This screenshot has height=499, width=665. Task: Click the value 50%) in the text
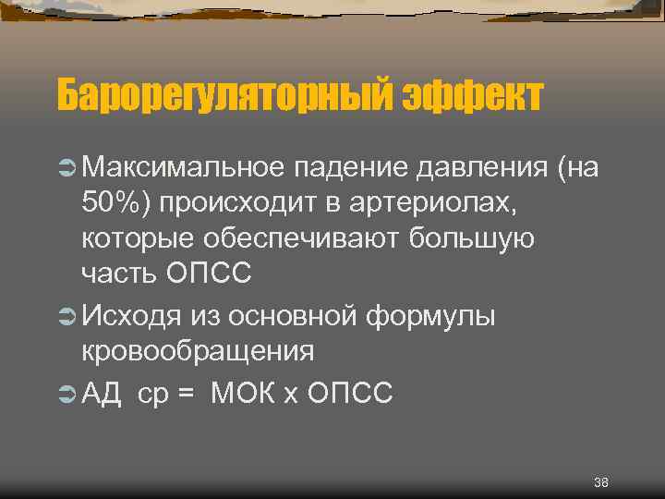pos(115,203)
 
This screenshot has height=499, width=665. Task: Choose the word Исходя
pos(133,316)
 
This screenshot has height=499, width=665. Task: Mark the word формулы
pos(430,316)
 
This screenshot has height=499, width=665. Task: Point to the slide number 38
pos(601,483)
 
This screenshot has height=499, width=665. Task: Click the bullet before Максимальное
pos(66,168)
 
